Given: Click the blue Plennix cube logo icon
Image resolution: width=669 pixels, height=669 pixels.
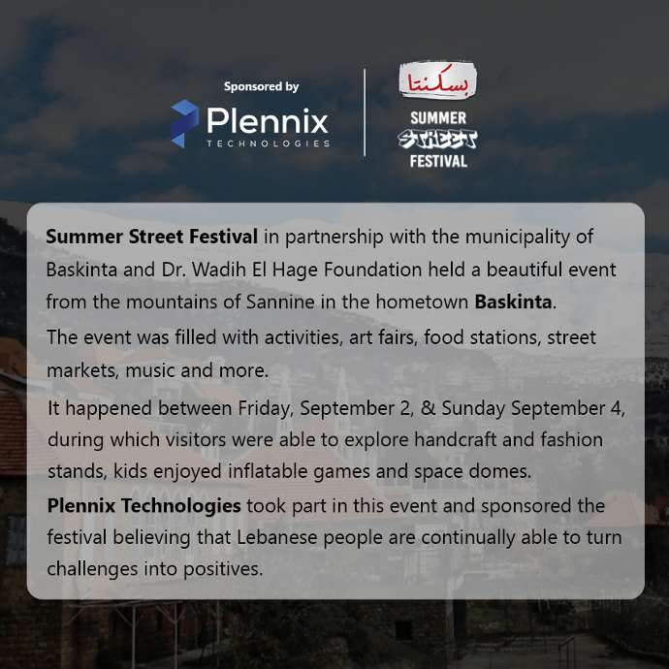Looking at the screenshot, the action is pos(185,124).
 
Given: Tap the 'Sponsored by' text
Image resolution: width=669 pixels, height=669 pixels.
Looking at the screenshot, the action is pos(261,86).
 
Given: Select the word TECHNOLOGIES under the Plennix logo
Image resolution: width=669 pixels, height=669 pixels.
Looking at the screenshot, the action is pos(268,143).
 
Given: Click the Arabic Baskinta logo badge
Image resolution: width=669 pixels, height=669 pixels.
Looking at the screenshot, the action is pos(437,80).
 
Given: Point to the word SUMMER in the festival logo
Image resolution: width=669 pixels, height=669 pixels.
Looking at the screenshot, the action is pos(438,118).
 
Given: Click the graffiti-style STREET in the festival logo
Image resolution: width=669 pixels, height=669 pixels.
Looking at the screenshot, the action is pos(437,140).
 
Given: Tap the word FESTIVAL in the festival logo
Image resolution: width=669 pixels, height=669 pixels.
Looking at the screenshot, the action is pos(438,161).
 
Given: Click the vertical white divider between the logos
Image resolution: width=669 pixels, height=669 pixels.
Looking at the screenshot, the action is pos(365,112).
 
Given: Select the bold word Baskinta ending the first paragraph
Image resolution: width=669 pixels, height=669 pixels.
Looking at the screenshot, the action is pos(513,302).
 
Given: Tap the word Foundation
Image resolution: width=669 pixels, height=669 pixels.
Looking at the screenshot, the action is pos(373,270).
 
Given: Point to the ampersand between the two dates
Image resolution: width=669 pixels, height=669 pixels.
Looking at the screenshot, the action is pos(428,408).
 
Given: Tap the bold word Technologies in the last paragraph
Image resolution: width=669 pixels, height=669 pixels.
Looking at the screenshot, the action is pos(181,505).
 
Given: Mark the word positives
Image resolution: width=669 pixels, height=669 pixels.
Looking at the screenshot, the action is pos(223,569).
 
